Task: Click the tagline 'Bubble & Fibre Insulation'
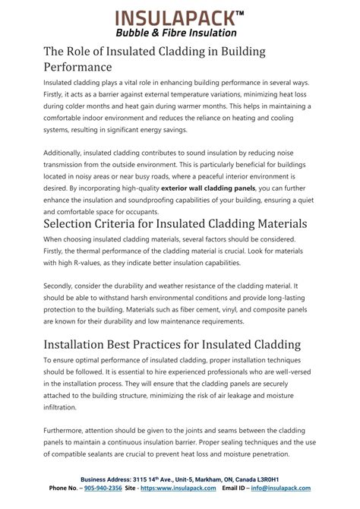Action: [x=179, y=33]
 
